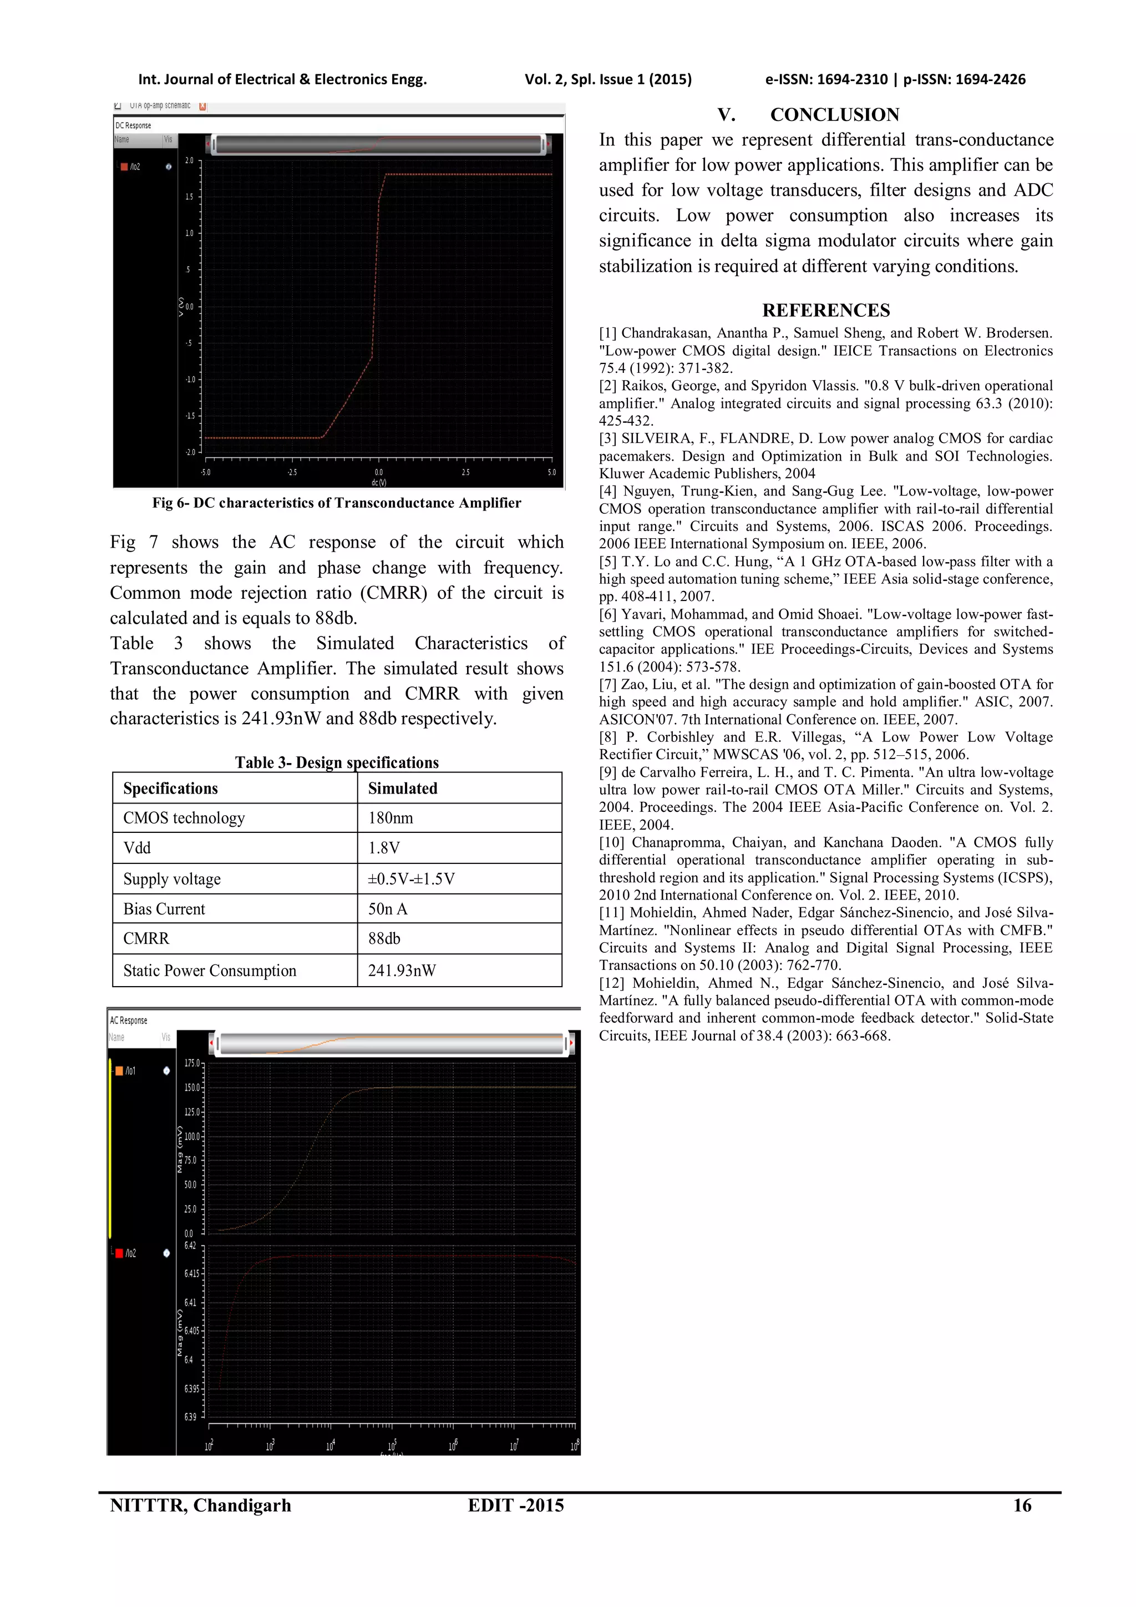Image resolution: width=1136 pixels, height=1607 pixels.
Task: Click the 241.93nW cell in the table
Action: tap(402, 970)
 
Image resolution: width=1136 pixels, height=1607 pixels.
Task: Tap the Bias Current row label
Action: tap(164, 908)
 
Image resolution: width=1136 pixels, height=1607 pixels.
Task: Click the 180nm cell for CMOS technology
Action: tap(390, 817)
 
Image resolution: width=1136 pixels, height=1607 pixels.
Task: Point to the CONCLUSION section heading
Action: tap(834, 114)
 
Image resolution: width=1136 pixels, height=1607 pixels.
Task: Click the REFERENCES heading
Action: tap(825, 310)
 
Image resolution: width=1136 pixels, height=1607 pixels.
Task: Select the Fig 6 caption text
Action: tap(337, 503)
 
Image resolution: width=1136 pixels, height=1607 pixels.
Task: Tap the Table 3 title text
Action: tap(337, 762)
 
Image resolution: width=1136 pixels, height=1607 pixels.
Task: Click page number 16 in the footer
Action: tap(1022, 1505)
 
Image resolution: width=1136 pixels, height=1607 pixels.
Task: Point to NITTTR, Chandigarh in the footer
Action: tap(200, 1505)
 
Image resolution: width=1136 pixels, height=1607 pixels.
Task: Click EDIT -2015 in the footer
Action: tap(515, 1505)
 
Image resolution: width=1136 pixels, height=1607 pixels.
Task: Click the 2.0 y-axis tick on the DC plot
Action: tap(189, 160)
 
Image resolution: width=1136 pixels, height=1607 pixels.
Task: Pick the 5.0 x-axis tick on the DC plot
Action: tap(551, 472)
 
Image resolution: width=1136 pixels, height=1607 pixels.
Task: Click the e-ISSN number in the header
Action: tap(826, 79)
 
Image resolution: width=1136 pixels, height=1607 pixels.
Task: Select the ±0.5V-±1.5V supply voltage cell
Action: tap(412, 878)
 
